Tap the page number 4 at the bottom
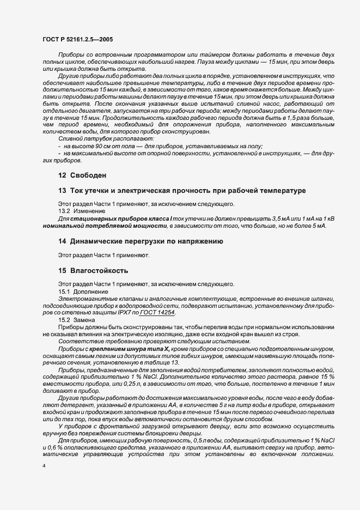point(44,466)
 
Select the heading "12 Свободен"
point(82,175)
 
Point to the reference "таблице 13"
point(162,362)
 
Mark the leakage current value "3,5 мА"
point(263,218)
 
